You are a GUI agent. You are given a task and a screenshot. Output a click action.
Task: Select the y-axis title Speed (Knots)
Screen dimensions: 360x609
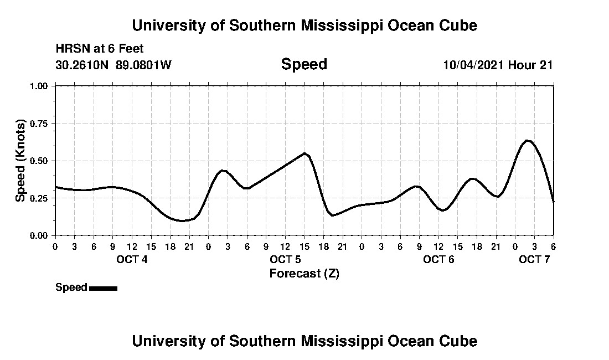tap(20, 161)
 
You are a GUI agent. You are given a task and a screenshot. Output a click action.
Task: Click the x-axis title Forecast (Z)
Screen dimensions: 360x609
tap(304, 273)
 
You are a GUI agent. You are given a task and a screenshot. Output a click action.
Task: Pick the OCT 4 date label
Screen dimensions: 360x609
tap(131, 259)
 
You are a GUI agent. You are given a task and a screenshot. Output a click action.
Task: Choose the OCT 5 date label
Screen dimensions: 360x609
tap(285, 259)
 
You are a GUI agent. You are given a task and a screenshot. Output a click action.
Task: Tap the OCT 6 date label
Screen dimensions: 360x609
tap(438, 259)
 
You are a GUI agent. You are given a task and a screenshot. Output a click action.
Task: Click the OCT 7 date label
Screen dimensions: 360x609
tap(534, 259)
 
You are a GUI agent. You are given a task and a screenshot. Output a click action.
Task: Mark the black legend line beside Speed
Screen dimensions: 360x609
tap(103, 288)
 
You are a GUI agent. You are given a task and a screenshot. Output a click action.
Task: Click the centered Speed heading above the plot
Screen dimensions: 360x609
tap(304, 64)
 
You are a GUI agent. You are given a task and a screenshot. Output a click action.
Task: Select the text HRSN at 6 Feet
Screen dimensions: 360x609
tap(100, 49)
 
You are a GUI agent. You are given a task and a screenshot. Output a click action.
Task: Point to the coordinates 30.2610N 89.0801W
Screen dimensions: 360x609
tap(113, 65)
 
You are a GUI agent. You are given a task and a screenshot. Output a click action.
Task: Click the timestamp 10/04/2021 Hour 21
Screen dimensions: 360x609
tap(498, 65)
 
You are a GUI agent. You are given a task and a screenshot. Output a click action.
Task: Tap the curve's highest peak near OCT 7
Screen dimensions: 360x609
tap(528, 141)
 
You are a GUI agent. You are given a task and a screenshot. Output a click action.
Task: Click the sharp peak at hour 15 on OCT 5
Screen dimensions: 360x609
tap(304, 153)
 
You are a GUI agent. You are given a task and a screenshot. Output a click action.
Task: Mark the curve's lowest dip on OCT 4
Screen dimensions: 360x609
tap(181, 220)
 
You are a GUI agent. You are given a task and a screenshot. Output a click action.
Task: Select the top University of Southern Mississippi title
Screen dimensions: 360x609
tap(304, 25)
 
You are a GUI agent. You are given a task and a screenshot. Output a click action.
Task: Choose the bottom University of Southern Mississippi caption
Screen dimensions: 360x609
tap(304, 341)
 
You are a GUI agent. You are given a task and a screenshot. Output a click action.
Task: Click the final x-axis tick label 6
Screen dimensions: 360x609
tap(553, 246)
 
